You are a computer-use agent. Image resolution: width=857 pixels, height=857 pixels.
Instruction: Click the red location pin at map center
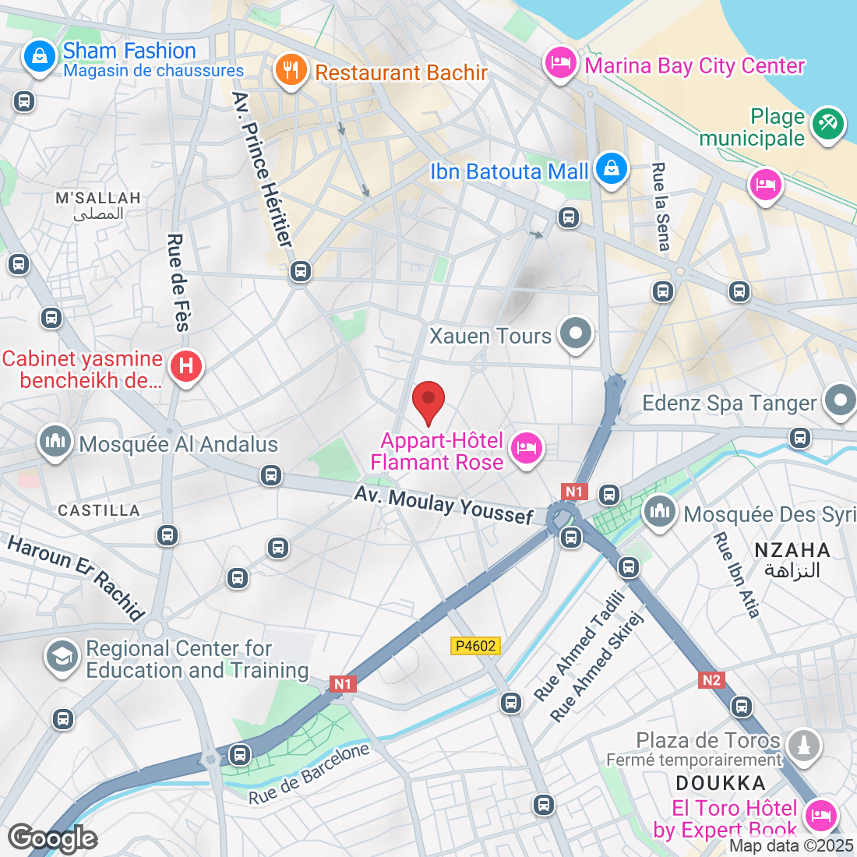pyautogui.click(x=428, y=400)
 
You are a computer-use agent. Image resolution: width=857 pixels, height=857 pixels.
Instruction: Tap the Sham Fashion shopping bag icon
pyautogui.click(x=38, y=57)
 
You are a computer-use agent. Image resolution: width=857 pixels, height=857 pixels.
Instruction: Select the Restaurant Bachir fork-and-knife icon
pyautogui.click(x=291, y=71)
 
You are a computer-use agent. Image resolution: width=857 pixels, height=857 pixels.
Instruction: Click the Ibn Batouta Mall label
pyautogui.click(x=509, y=171)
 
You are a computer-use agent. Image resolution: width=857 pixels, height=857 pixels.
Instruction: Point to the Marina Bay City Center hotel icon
pyautogui.click(x=560, y=62)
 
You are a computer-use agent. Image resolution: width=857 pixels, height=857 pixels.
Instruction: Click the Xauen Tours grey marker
pyautogui.click(x=576, y=333)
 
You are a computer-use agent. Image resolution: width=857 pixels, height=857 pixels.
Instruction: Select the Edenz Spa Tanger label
pyautogui.click(x=729, y=403)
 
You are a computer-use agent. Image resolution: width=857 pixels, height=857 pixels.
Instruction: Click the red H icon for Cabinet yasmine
pyautogui.click(x=185, y=366)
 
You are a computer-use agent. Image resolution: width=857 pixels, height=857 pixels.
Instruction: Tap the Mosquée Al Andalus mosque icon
pyautogui.click(x=55, y=443)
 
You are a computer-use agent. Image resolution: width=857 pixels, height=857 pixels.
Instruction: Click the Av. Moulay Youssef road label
pyautogui.click(x=444, y=505)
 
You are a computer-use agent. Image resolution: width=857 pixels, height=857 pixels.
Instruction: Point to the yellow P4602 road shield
pyautogui.click(x=475, y=646)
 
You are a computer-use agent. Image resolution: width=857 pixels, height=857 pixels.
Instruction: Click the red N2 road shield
pyautogui.click(x=711, y=680)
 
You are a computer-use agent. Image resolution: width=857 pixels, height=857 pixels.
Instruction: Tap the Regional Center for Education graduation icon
pyautogui.click(x=62, y=656)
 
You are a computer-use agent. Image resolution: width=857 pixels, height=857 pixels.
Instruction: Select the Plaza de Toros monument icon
pyautogui.click(x=804, y=745)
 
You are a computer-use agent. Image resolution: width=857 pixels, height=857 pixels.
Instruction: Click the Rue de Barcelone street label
pyautogui.click(x=309, y=774)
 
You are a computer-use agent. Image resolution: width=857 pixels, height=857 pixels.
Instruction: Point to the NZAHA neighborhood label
pyautogui.click(x=792, y=550)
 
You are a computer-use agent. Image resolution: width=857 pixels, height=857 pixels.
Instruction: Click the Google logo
pyautogui.click(x=53, y=838)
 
